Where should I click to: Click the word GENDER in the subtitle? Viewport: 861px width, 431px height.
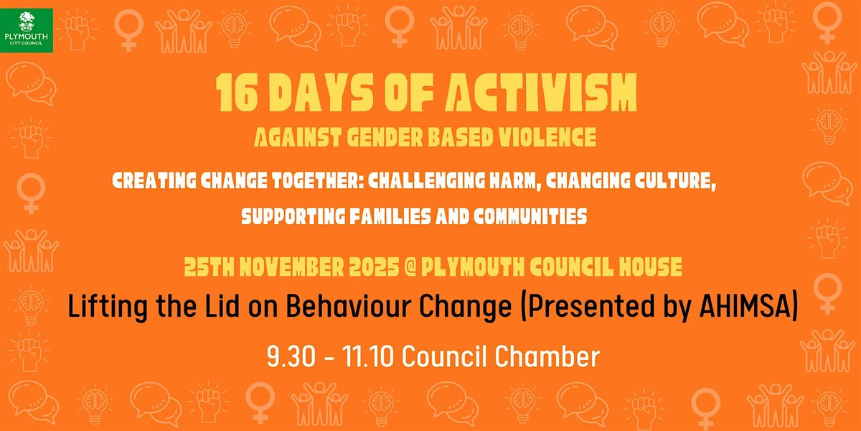[x=381, y=136]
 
